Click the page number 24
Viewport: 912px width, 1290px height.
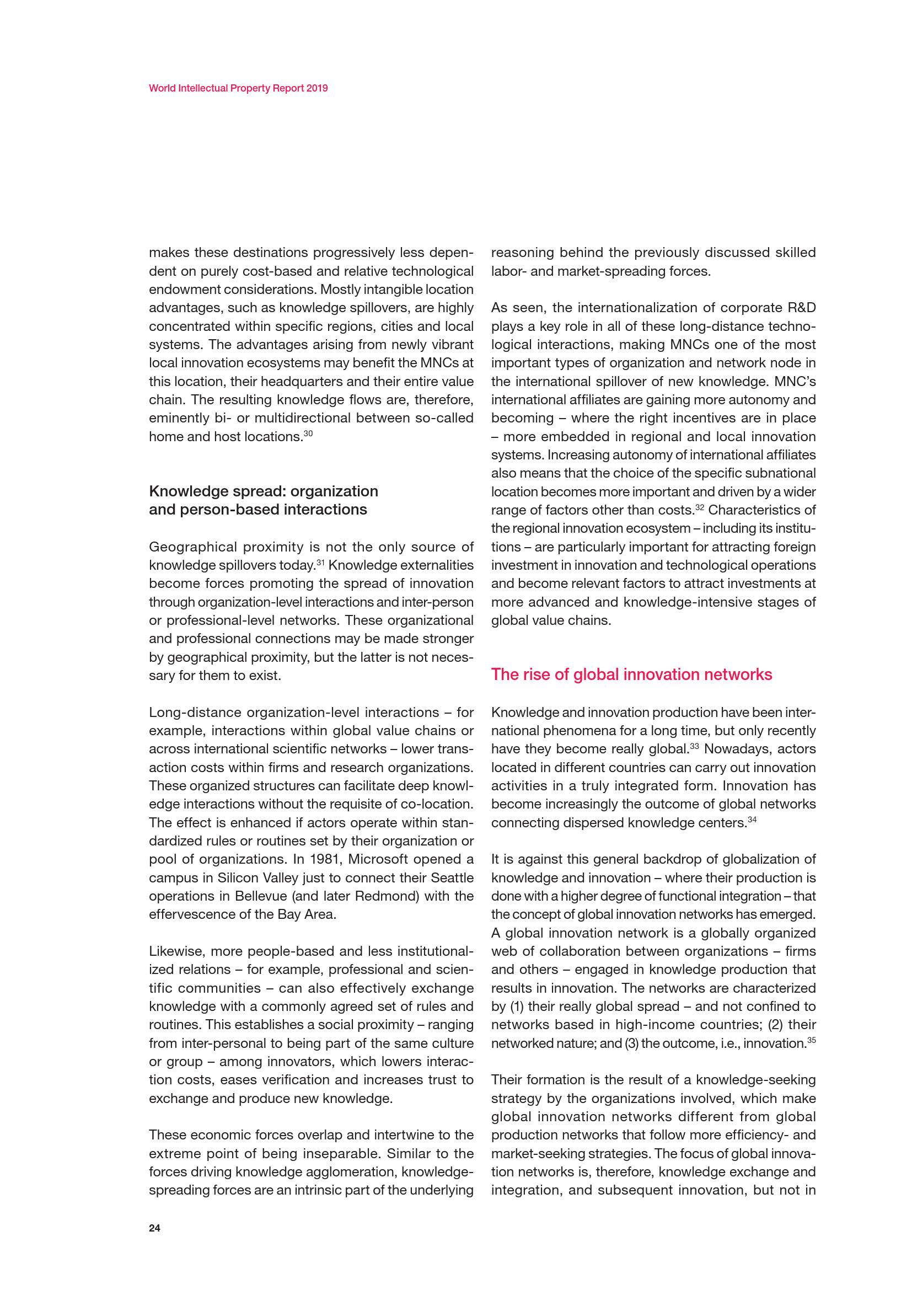click(154, 1228)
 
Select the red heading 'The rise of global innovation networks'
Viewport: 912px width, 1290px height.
click(631, 674)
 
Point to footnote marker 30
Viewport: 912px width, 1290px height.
click(308, 433)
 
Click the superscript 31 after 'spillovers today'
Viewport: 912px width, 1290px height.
click(321, 562)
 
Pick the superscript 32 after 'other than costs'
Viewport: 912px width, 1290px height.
click(699, 507)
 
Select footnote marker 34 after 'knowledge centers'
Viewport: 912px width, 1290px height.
click(752, 819)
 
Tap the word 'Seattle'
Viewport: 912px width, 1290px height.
click(452, 877)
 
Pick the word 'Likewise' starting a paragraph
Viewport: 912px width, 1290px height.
click(171, 952)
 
